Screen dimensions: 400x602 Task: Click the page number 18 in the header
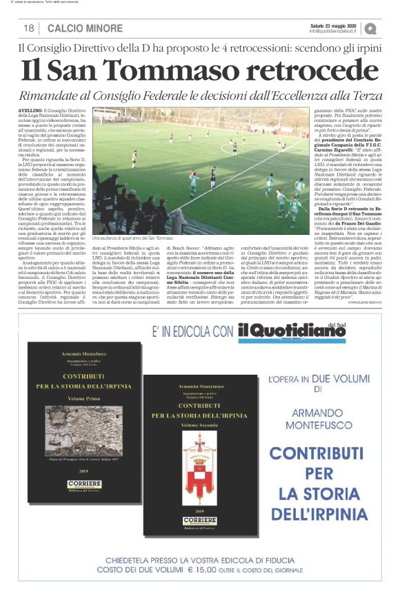(29, 28)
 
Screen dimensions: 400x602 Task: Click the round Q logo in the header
(371, 28)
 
